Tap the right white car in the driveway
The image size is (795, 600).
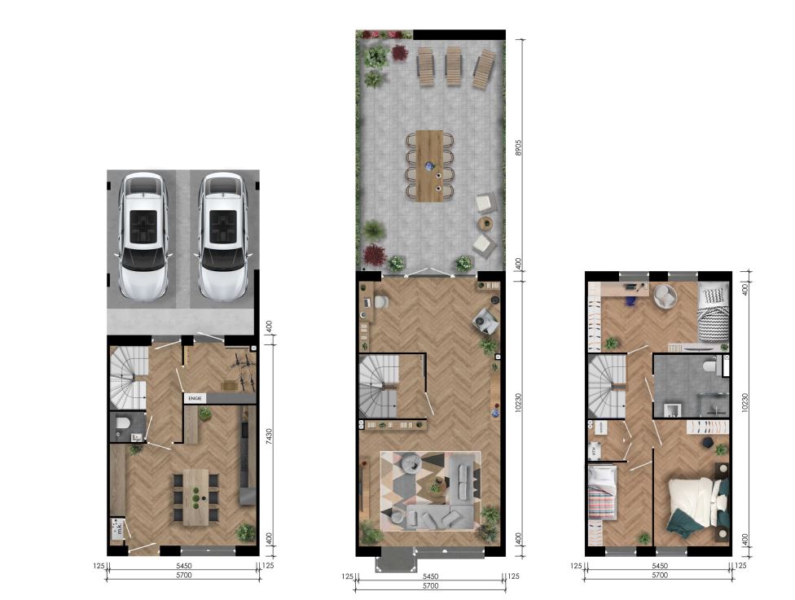222,236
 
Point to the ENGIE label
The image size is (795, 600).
195,398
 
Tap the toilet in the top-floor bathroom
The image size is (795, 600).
711,367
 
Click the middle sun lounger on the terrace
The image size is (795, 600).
454,68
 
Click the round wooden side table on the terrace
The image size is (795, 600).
485,223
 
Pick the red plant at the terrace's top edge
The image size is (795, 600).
400,53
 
